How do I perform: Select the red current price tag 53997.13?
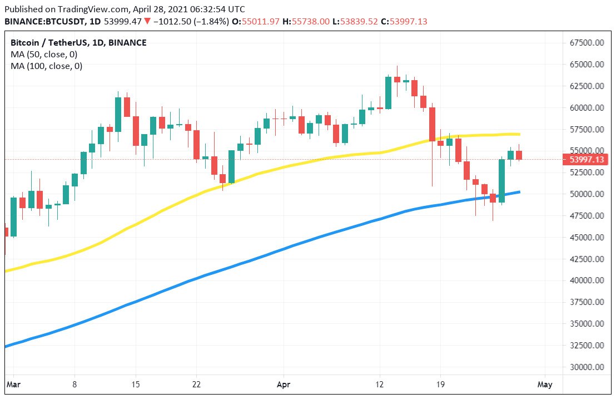tap(587, 160)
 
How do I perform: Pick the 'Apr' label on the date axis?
tap(284, 384)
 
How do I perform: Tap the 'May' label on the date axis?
tap(545, 384)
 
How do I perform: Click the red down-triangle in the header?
tap(146, 21)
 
